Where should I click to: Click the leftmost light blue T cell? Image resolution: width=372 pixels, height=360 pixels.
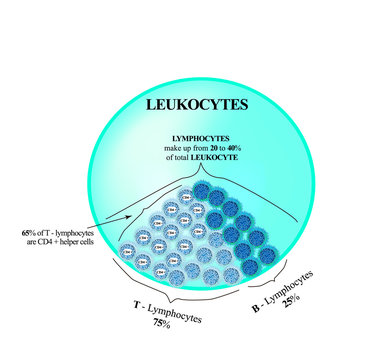128,250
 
